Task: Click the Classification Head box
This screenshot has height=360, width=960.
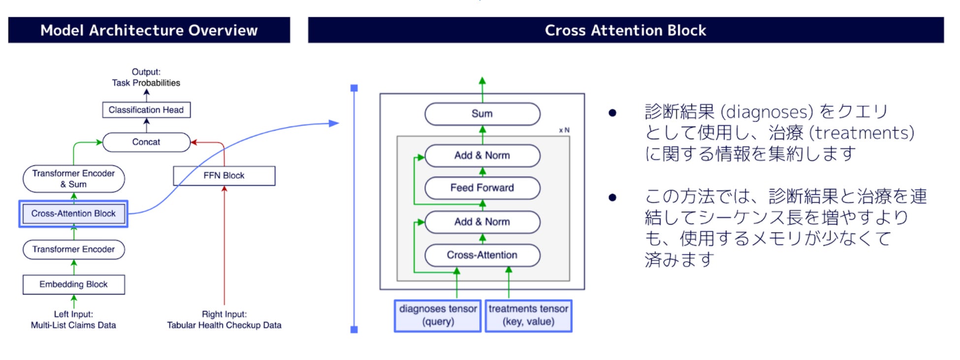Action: click(x=146, y=110)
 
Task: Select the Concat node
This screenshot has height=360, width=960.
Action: click(x=146, y=142)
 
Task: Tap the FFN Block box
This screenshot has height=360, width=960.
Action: click(x=224, y=176)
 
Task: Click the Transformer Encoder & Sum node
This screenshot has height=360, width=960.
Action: click(x=74, y=179)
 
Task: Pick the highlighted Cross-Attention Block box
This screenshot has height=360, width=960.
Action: click(x=73, y=214)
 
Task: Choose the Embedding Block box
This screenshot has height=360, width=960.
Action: click(x=74, y=285)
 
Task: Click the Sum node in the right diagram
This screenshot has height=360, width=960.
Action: click(x=482, y=114)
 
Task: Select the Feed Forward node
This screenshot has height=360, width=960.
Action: click(x=482, y=188)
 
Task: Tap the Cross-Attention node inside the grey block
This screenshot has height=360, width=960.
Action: click(x=482, y=255)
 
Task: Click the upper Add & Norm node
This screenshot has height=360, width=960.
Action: click(x=482, y=155)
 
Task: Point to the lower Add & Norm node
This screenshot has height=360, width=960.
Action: click(x=482, y=222)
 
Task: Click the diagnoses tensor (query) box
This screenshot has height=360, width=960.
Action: click(x=438, y=316)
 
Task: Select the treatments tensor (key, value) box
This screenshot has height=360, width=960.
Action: click(x=528, y=316)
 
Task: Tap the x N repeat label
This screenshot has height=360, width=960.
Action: click(x=564, y=130)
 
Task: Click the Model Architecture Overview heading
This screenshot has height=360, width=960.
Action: click(x=149, y=30)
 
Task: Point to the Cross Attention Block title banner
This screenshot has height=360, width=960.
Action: click(x=626, y=30)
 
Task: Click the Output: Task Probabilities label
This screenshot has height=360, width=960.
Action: click(x=146, y=77)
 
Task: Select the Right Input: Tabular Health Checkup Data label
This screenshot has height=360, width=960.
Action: click(x=224, y=320)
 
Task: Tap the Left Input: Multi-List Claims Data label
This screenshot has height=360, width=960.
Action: click(x=73, y=320)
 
